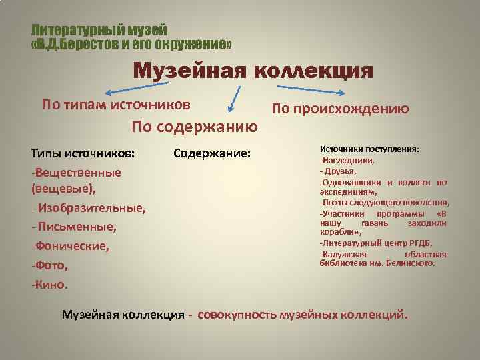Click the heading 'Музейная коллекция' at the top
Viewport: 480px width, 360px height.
coord(253,71)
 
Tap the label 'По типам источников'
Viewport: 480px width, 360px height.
coord(116,105)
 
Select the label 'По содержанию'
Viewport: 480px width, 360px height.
coord(195,126)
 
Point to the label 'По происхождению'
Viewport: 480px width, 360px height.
coord(340,109)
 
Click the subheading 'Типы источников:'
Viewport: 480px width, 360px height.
coord(83,153)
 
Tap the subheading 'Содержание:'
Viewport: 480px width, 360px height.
coord(212,153)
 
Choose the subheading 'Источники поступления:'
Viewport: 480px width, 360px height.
coord(370,150)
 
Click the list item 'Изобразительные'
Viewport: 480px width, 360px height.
coord(91,209)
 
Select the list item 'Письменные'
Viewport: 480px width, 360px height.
coord(77,227)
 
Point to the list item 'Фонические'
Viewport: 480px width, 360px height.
coord(71,247)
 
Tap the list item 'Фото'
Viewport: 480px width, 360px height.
coord(50,265)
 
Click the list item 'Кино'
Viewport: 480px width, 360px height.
coord(51,285)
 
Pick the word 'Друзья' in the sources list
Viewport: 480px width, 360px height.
coord(343,171)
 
